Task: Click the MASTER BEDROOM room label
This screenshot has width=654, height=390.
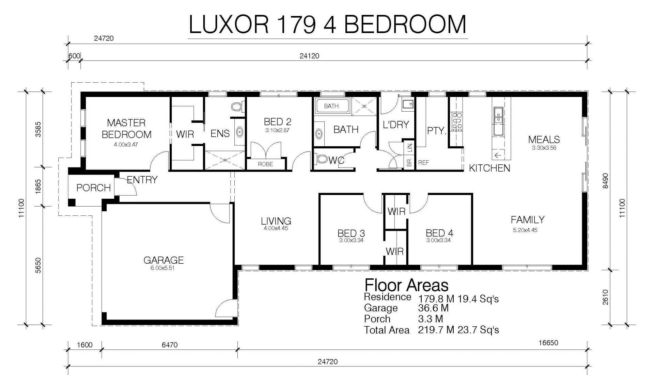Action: [x=126, y=128]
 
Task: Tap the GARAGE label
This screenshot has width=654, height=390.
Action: [x=163, y=260]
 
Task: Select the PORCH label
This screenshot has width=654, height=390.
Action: [x=93, y=188]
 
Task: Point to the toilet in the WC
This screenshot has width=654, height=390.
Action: [x=322, y=159]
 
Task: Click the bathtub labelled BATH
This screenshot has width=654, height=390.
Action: [x=332, y=106]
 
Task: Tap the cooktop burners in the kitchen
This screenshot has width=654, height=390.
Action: [x=456, y=121]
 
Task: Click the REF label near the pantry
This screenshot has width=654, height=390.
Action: [x=423, y=163]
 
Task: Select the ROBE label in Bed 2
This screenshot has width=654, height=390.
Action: [x=265, y=164]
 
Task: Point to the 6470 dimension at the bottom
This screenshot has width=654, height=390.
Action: [x=170, y=345]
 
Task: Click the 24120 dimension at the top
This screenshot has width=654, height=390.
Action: [x=309, y=56]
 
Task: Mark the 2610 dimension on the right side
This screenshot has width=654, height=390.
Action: [x=605, y=297]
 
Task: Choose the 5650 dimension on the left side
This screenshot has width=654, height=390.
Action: [x=38, y=265]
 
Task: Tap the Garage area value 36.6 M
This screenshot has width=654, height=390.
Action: [x=433, y=308]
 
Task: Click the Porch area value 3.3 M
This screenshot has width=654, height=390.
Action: [x=431, y=319]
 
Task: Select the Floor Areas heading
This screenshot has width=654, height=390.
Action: [x=406, y=285]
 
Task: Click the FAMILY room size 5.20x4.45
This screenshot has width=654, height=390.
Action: [x=525, y=230]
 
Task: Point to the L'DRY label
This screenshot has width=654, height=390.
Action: [x=396, y=125]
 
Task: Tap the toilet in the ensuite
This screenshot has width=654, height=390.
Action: [x=236, y=107]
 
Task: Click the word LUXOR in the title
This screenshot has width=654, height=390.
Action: [x=229, y=25]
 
